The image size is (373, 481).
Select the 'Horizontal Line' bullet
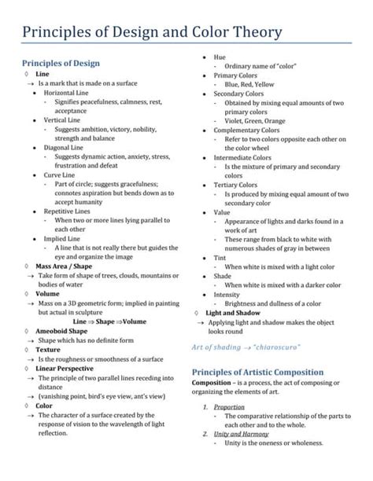(67, 93)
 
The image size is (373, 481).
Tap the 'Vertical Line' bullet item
(62, 120)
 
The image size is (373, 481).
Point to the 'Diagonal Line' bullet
(63, 147)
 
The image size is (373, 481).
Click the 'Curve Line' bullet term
(60, 174)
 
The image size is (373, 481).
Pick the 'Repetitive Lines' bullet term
(68, 211)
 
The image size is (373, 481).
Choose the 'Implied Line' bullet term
(62, 238)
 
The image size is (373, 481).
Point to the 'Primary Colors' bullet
(235, 75)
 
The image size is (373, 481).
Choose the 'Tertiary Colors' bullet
(235, 184)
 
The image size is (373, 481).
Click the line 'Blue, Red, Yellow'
(249, 83)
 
